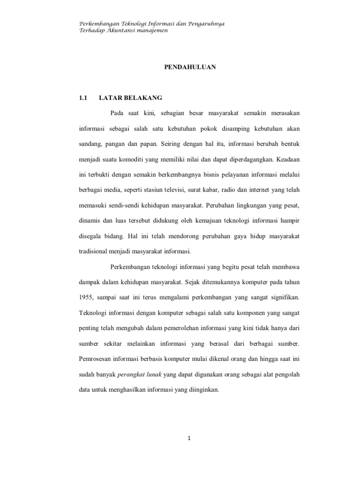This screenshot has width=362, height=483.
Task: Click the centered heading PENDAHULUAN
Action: click(x=190, y=67)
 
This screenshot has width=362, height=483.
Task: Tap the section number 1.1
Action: click(x=83, y=98)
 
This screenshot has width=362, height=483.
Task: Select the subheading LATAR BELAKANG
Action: click(x=131, y=98)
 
